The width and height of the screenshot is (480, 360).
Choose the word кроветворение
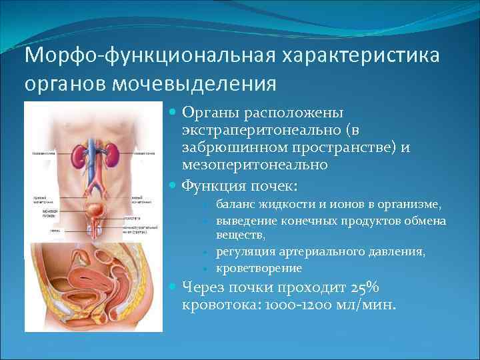[x=259, y=268]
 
